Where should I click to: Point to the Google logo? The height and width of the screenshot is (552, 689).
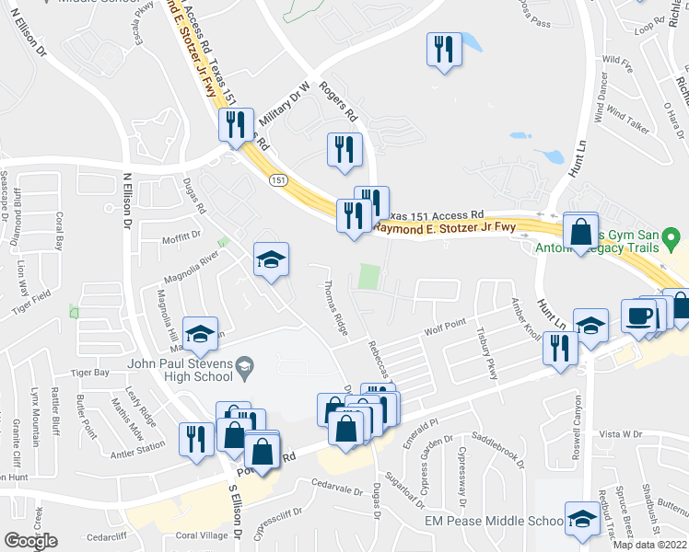(x=30, y=541)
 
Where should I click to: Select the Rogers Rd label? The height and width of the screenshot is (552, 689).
(x=337, y=102)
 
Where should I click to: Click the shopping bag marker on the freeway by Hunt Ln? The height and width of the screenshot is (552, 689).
(x=581, y=233)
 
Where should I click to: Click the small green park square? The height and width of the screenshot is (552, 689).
(x=368, y=276)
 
